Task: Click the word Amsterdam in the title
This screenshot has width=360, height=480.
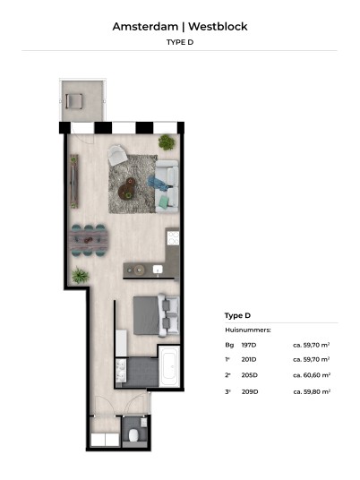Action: pyautogui.click(x=145, y=27)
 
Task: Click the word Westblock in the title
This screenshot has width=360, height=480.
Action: pyautogui.click(x=218, y=27)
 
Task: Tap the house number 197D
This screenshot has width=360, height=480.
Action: pyautogui.click(x=249, y=345)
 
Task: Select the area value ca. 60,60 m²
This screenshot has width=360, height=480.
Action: pyautogui.click(x=312, y=375)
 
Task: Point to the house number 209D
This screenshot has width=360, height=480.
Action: pyautogui.click(x=250, y=391)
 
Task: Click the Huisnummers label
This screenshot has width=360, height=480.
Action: pyautogui.click(x=248, y=330)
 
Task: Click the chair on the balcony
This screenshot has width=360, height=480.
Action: pyautogui.click(x=73, y=101)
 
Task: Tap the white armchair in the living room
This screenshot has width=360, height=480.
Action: pyautogui.click(x=118, y=155)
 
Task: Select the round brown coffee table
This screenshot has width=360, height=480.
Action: pyautogui.click(x=127, y=189)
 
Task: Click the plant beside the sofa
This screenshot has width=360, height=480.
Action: pyautogui.click(x=167, y=142)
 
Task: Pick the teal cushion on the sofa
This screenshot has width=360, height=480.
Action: pyautogui.click(x=164, y=201)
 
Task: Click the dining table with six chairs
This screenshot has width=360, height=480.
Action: pyautogui.click(x=88, y=240)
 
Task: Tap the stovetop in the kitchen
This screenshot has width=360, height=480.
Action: pyautogui.click(x=173, y=238)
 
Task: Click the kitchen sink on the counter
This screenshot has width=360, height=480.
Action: pyautogui.click(x=158, y=270)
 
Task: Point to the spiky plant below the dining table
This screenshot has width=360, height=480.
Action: pyautogui.click(x=81, y=275)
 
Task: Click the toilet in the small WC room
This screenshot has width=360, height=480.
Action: pyautogui.click(x=133, y=435)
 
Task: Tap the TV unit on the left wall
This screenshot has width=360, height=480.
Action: pyautogui.click(x=74, y=182)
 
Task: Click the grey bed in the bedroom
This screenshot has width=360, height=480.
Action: pyautogui.click(x=156, y=315)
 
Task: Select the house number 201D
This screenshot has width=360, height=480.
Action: pyautogui.click(x=249, y=359)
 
